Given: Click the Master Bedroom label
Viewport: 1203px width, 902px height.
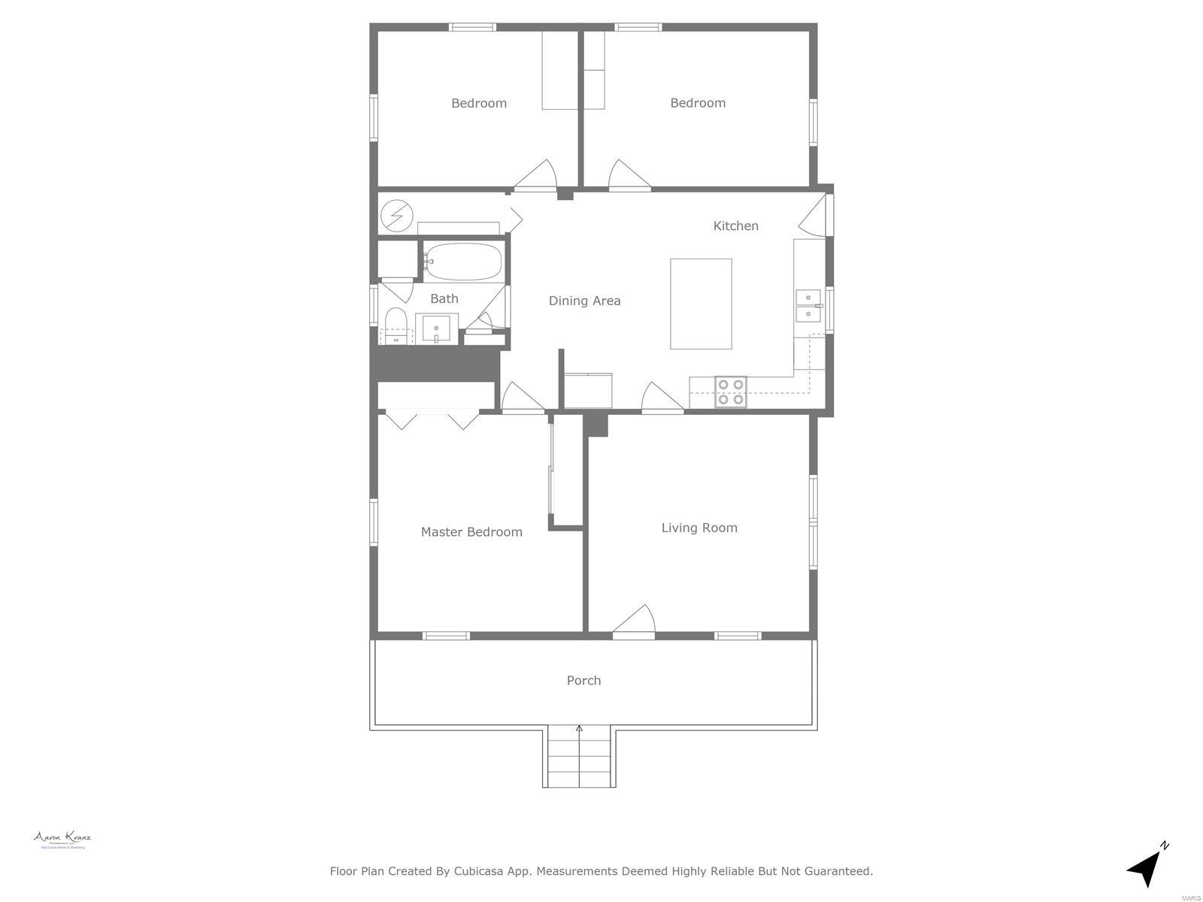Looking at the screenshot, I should point(471,532).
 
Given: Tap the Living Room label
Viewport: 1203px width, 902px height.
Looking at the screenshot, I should point(699,528).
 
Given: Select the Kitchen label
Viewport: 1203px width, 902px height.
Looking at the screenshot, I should point(735,225).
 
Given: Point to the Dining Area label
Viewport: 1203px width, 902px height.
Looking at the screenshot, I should point(584,301).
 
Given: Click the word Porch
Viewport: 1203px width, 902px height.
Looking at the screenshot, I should point(583,680).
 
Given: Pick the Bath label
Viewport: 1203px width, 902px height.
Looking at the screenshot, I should point(444,298).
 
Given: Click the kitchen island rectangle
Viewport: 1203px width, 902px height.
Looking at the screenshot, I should point(701,304).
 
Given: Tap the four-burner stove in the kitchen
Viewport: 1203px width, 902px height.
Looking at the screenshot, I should point(731,392).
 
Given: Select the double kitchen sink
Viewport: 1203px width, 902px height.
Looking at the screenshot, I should point(808,305).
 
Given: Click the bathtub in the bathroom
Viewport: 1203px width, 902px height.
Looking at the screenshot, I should point(463,261).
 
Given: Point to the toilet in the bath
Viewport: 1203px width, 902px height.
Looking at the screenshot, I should point(395,326).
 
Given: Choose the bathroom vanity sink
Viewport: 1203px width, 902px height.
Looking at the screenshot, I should point(436,329).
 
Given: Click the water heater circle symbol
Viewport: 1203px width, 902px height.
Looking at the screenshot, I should point(397,216).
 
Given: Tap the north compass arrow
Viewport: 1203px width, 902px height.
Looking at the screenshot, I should point(1146,866).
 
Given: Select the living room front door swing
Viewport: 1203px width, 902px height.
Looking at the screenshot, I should point(635,621).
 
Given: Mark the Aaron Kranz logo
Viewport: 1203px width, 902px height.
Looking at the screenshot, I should point(62,839).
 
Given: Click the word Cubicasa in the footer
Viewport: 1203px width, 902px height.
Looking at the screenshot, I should point(488,871).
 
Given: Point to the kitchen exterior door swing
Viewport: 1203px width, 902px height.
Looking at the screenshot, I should point(814,214).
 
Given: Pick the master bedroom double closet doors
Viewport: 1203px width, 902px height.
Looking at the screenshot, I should point(432,419).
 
